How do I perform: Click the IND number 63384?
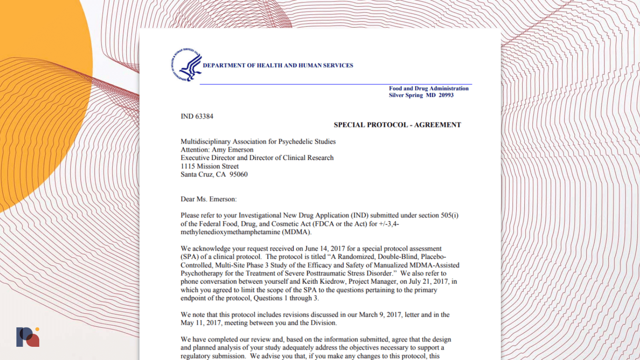click(x=204, y=116)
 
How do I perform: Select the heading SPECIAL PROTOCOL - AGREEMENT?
click(x=397, y=125)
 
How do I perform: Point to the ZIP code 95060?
click(x=238, y=174)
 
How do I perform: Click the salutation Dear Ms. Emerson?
click(x=208, y=199)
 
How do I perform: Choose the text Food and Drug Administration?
click(x=428, y=88)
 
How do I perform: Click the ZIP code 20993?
click(x=446, y=95)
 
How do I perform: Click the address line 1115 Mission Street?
click(x=210, y=166)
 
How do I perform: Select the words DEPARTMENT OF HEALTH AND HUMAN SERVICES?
click(x=278, y=66)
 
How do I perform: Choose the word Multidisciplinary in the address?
click(x=206, y=142)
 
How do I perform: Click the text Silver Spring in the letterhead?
click(x=406, y=95)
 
